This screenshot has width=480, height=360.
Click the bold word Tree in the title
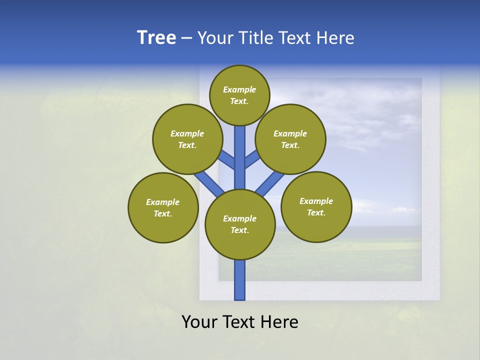(x=156, y=38)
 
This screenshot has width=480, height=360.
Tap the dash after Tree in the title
(x=186, y=38)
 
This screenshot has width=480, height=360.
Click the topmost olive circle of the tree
(x=239, y=95)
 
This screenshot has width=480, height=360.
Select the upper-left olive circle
(x=187, y=139)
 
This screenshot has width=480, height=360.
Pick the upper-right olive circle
(x=290, y=139)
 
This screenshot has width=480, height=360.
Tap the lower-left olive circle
(x=163, y=207)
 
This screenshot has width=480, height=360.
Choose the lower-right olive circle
(x=316, y=206)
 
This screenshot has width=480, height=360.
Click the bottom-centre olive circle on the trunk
(x=240, y=224)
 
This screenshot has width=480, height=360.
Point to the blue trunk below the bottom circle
(x=240, y=280)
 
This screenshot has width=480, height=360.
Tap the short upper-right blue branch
(x=252, y=159)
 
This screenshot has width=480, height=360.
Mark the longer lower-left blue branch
(x=209, y=183)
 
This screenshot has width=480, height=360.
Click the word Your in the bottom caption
(x=198, y=322)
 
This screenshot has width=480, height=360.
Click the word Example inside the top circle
(x=239, y=89)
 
